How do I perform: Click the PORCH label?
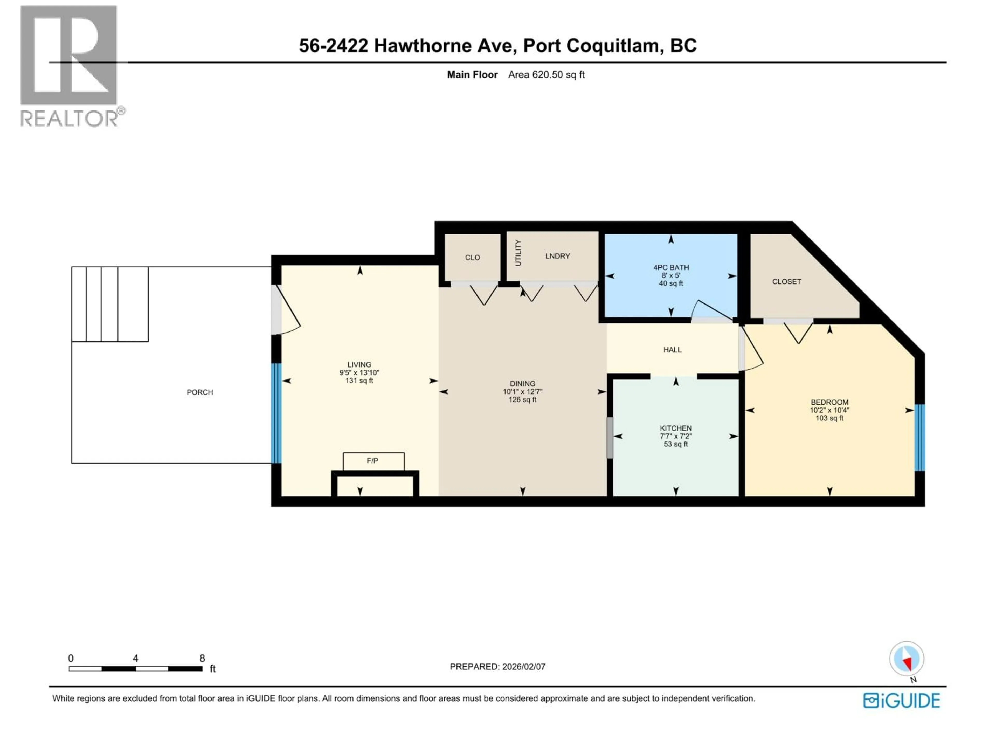pos(200,392)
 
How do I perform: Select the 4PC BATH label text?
pos(671,267)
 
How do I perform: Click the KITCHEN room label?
pos(675,428)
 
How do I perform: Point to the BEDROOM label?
pos(829,402)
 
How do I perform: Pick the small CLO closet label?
pos(472,258)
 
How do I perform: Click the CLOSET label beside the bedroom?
pos(787,281)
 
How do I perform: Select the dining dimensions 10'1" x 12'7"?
pos(522,392)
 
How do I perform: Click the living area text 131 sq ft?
pos(359,381)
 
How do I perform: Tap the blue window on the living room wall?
pos(276,413)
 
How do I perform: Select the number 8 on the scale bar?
pos(202,658)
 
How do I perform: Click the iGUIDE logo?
pos(901,701)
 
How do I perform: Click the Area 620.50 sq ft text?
pos(546,75)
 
